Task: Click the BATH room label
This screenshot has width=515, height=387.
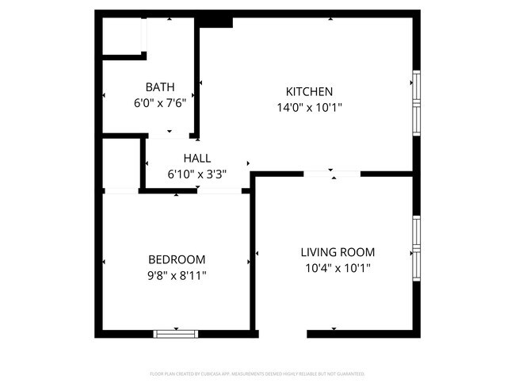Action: [x=159, y=87]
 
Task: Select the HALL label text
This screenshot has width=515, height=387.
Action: [x=196, y=159]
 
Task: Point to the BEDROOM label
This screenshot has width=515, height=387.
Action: [x=177, y=259]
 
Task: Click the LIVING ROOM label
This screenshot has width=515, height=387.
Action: [x=338, y=252]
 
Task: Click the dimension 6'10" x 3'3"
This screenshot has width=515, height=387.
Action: [x=196, y=174]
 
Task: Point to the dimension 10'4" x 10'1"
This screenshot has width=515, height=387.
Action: [x=338, y=268]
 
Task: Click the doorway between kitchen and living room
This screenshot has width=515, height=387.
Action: [x=333, y=172]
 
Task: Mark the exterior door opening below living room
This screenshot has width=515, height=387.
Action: [x=283, y=334]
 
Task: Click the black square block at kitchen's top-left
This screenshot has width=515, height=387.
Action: [x=215, y=21]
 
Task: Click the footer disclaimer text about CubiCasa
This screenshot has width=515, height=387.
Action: [x=257, y=373]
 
